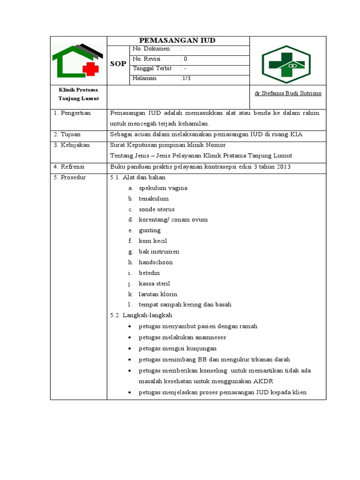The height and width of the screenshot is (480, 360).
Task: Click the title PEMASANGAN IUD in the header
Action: tap(178, 40)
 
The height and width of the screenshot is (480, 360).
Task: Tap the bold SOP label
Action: tap(118, 64)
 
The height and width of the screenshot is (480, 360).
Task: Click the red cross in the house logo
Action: tap(90, 70)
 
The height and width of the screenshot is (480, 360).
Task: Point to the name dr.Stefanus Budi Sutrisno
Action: tap(288, 93)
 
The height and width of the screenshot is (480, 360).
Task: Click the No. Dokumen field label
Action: tap(150, 49)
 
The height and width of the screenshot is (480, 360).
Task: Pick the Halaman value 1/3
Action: tap(186, 79)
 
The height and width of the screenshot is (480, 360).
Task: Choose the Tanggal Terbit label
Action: tap(152, 69)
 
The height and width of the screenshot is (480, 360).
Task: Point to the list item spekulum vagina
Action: tap(163, 188)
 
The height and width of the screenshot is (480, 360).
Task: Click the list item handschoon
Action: tap(156, 262)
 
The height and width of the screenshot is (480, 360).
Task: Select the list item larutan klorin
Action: tap(158, 294)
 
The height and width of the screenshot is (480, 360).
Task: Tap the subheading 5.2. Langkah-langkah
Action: tap(141, 315)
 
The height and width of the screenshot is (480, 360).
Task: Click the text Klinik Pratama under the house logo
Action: tap(78, 90)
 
